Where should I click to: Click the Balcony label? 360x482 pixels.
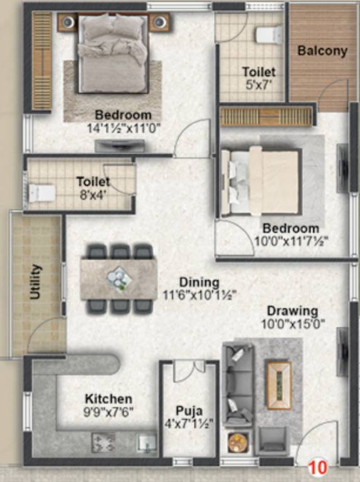[322, 51]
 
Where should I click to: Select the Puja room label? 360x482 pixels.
[189, 411]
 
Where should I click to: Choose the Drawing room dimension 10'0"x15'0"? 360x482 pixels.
[292, 324]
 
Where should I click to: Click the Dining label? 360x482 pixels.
[199, 282]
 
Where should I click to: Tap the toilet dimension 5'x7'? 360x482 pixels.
[259, 84]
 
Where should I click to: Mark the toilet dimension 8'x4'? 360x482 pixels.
[93, 194]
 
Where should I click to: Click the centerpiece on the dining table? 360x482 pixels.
[119, 277]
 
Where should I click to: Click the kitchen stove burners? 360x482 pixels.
[103, 442]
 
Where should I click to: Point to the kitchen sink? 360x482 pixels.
[147, 443]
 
